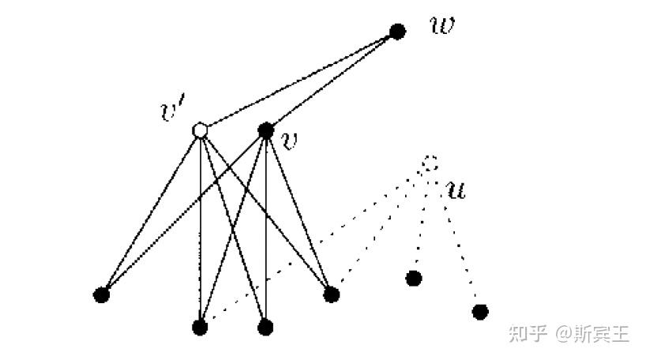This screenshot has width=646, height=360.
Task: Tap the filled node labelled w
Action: pos(398,32)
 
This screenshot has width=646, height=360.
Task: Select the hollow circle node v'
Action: pos(200,130)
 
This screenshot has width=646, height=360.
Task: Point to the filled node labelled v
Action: pos(265,129)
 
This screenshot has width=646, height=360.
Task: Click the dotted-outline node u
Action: pos(429,163)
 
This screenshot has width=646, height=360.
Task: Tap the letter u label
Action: pos(456,189)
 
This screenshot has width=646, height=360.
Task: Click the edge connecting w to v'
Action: pos(299,81)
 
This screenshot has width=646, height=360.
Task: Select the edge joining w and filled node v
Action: pos(332,81)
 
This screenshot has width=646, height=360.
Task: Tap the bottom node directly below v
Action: pos(265,326)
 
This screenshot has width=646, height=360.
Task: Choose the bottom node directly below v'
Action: pos(200,326)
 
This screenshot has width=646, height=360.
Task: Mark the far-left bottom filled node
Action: pos(100,295)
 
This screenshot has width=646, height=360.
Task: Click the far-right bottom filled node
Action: pos(479,311)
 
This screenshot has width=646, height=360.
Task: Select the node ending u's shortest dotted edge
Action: pos(413,278)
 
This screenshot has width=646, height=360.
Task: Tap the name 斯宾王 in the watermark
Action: pos(603,334)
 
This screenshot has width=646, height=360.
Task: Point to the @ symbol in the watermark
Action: pos(564,335)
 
